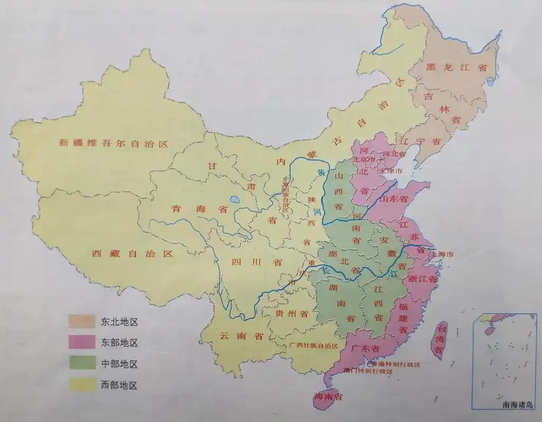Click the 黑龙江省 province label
coord(457,67)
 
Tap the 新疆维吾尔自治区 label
coord(113,143)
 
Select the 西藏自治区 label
coord(132,254)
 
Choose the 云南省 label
coord(241,336)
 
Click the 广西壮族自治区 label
coord(313,346)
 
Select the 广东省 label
coord(365,349)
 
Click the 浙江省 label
coord(422,279)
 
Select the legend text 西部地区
coord(119,386)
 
